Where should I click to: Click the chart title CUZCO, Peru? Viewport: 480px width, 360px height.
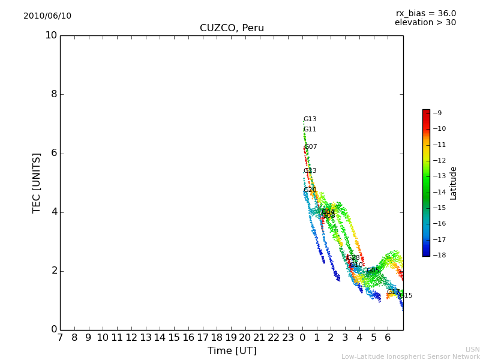coord(232,28)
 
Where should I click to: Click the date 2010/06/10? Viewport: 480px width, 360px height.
coord(47,16)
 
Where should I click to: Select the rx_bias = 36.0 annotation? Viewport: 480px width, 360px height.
coord(425,14)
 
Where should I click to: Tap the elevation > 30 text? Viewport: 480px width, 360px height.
coord(425,23)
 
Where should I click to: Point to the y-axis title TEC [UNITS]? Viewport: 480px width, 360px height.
coord(37,182)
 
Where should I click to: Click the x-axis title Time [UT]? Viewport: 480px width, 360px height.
coord(232,351)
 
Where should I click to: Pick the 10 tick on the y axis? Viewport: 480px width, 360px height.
coord(51,35)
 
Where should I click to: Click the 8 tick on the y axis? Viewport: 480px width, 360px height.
coord(53,94)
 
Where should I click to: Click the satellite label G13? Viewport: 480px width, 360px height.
coord(310,119)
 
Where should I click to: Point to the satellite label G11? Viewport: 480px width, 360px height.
coord(310,130)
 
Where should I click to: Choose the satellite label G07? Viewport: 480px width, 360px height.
coord(311,147)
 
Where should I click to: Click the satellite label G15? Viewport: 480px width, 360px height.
coord(406,296)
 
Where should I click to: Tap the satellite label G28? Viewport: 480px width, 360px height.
coord(353,258)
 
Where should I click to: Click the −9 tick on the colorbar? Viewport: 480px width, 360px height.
coord(437,113)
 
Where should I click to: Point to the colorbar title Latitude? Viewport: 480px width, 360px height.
coord(454,183)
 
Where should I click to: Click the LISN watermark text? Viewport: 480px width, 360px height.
coord(472,349)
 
